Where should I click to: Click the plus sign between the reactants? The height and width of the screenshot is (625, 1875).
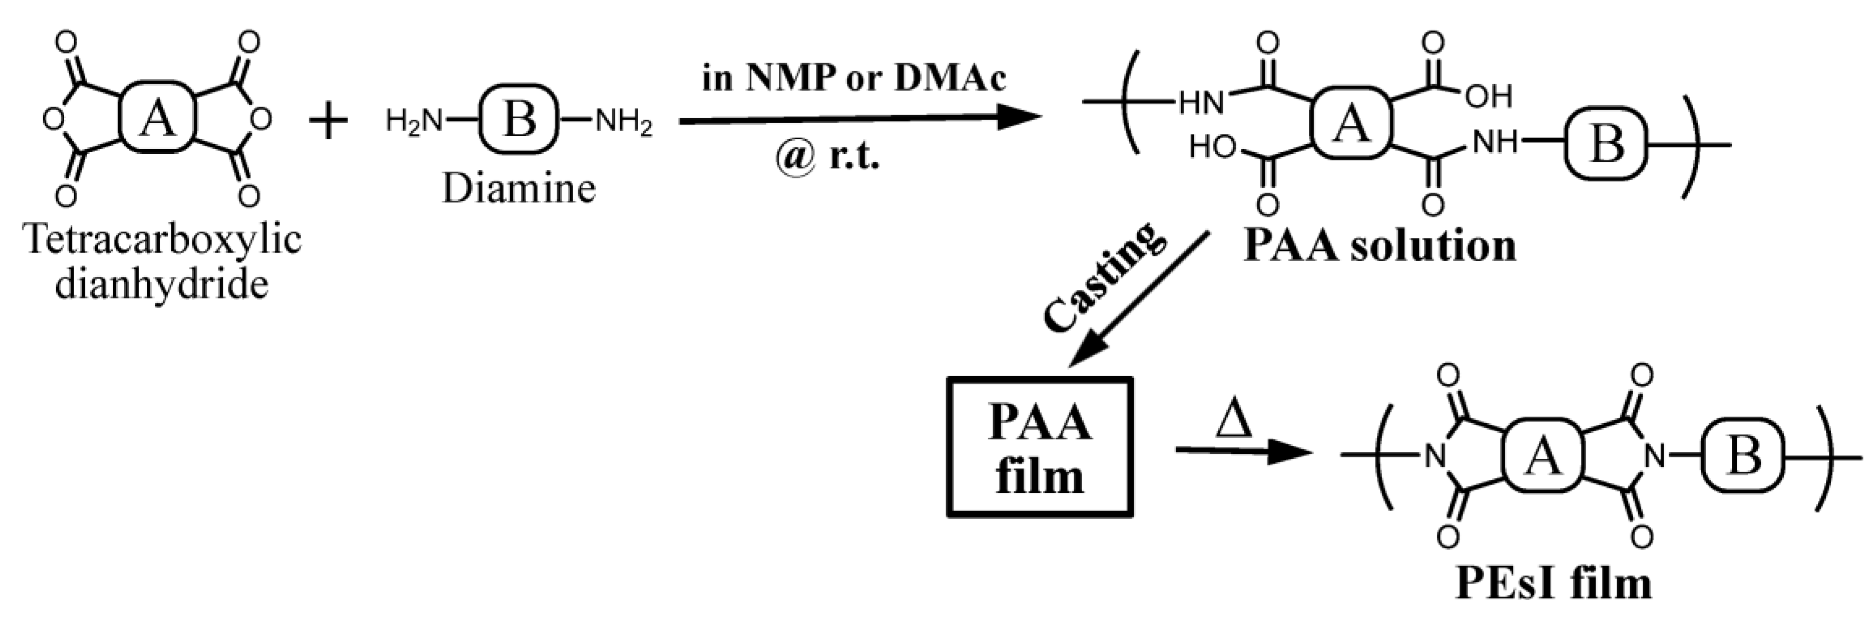click(329, 121)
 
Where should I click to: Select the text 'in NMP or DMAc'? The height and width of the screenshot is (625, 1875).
click(854, 78)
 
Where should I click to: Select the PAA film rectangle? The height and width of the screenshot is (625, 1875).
click(1040, 447)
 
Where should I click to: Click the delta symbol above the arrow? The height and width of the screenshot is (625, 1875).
click(1234, 422)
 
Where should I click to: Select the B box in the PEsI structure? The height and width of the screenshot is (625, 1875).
click(1744, 456)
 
